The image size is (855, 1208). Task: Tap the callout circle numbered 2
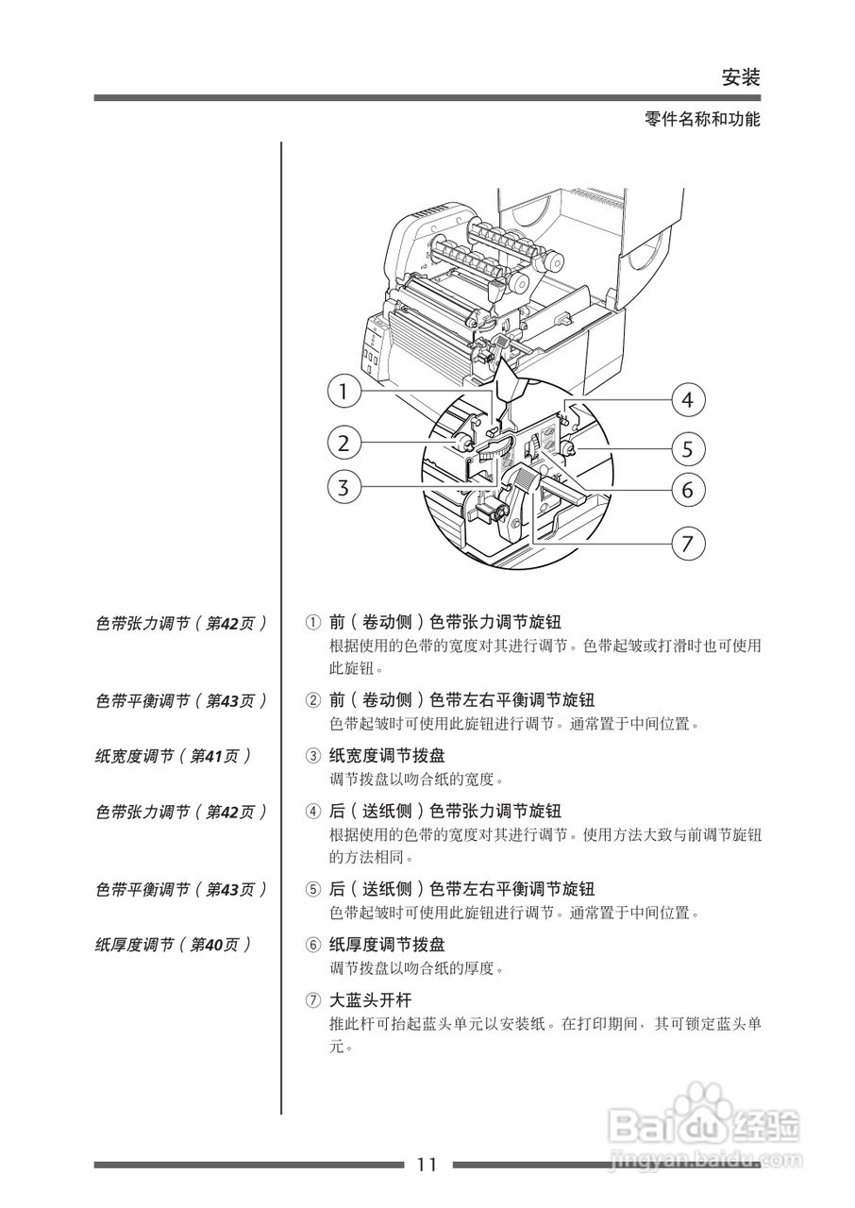pos(345,442)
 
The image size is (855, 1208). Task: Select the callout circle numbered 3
pos(345,488)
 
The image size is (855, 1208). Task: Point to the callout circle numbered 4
pos(688,400)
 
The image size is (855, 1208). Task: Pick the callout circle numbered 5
pos(688,446)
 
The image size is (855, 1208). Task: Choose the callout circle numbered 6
pos(688,490)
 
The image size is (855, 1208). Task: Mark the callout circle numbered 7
pos(688,544)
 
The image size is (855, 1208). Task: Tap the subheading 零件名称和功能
pos(702,120)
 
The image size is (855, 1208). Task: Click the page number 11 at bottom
pos(427,1165)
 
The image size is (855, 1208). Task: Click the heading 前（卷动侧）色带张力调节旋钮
pos(444,623)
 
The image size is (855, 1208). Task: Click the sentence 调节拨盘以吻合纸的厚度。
pos(417,968)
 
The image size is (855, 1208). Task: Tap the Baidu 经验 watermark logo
pos(704,1123)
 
